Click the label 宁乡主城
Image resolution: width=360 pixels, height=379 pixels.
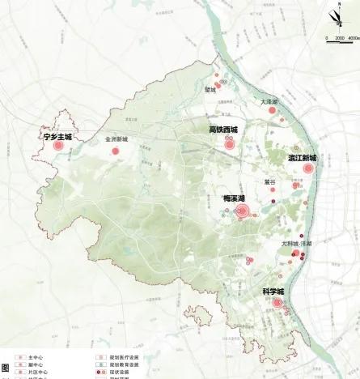pyautogui.click(x=58, y=137)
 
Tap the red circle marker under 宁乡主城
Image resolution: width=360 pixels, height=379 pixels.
pyautogui.click(x=58, y=147)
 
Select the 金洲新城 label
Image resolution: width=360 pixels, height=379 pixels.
pyautogui.click(x=116, y=139)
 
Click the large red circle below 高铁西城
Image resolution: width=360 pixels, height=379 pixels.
pyautogui.click(x=230, y=144)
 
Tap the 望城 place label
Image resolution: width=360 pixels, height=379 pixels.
pyautogui.click(x=210, y=90)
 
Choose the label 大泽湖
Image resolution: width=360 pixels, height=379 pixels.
pyautogui.click(x=269, y=102)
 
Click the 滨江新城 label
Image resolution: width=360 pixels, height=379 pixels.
pyautogui.click(x=302, y=158)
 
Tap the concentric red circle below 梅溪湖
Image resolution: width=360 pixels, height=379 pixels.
pyautogui.click(x=241, y=212)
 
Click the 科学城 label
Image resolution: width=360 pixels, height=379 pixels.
pyautogui.click(x=273, y=291)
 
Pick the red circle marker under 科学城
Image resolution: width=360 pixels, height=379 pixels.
pyautogui.click(x=277, y=303)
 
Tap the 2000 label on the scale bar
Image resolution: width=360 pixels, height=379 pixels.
pyautogui.click(x=339, y=38)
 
